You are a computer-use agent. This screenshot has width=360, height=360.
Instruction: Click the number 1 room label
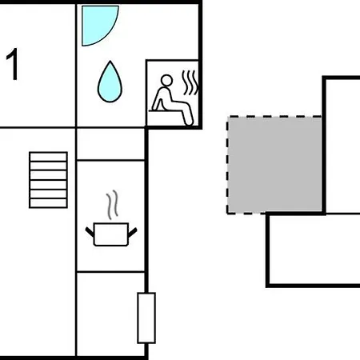pos(13,64)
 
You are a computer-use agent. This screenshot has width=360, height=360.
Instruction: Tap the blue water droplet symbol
pos(110,82)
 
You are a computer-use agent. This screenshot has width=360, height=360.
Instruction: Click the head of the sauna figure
pos(166,81)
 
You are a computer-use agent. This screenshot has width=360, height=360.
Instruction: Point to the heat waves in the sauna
pos(190,82)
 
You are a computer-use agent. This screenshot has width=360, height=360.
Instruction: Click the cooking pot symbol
pos(111,234)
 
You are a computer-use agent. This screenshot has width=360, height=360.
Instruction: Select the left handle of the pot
pos(90,232)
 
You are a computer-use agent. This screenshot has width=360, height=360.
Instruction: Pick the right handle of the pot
pos(133,232)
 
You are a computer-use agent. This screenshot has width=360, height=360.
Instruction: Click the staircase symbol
pos(48,180)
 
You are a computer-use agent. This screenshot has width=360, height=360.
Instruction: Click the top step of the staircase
pos(48,157)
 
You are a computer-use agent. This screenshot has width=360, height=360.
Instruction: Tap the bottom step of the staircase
pos(48,203)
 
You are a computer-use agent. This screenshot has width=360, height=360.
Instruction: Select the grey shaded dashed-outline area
pos(274,165)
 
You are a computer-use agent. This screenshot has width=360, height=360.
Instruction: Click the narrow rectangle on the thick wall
pos(146,318)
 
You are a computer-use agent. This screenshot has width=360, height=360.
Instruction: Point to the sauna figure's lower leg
pos(188,115)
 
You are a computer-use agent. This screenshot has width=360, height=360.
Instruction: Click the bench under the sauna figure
pos(166,110)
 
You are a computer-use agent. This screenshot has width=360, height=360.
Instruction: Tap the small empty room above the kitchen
pos(110,144)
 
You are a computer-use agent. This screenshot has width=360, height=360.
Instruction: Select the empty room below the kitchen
pos(110,314)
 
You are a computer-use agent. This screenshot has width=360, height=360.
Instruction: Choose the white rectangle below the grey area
pos(314,250)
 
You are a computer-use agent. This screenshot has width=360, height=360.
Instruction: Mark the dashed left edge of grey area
pos(227,165)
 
